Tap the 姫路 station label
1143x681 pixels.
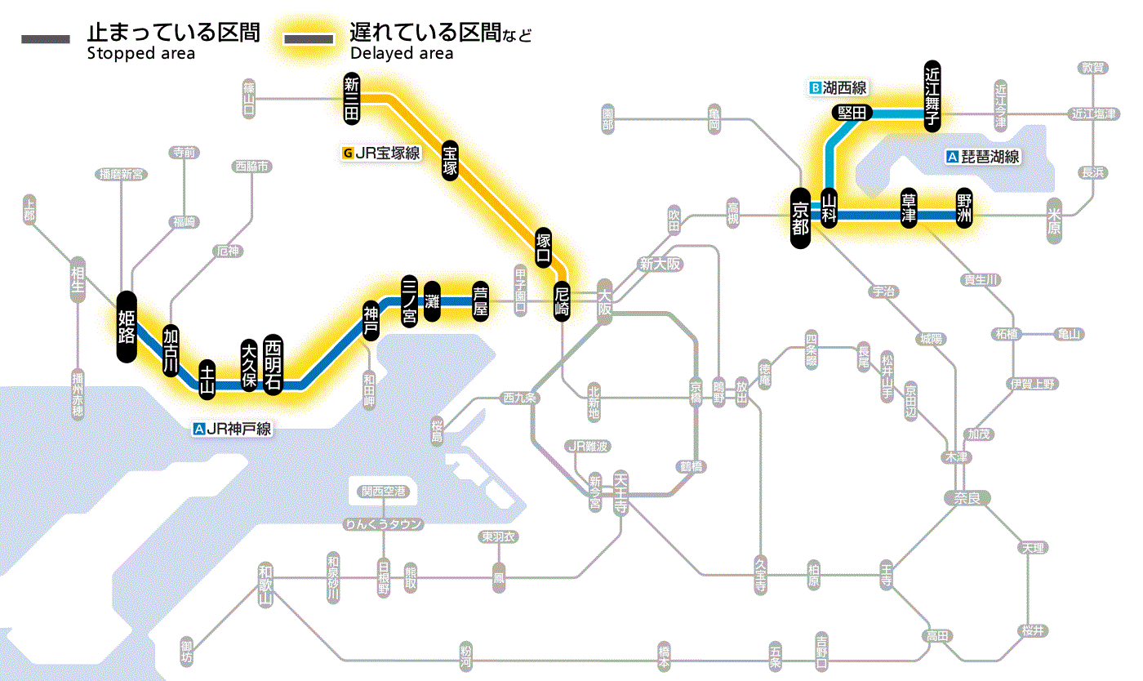tap(127, 327)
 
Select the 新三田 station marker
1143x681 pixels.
tap(352, 100)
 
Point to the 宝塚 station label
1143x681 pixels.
tap(450, 160)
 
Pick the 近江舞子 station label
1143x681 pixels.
tap(932, 95)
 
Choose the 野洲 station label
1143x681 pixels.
tap(964, 209)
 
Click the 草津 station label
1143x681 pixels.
tap(909, 209)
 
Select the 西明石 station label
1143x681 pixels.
tap(273, 364)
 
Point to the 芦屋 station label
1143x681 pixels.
tap(481, 300)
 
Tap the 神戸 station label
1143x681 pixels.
tap(371, 321)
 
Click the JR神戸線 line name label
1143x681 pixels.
tap(233, 428)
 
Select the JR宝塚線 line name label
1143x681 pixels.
tap(383, 152)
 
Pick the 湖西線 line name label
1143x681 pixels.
tap(838, 87)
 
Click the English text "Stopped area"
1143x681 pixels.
tap(140, 54)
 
